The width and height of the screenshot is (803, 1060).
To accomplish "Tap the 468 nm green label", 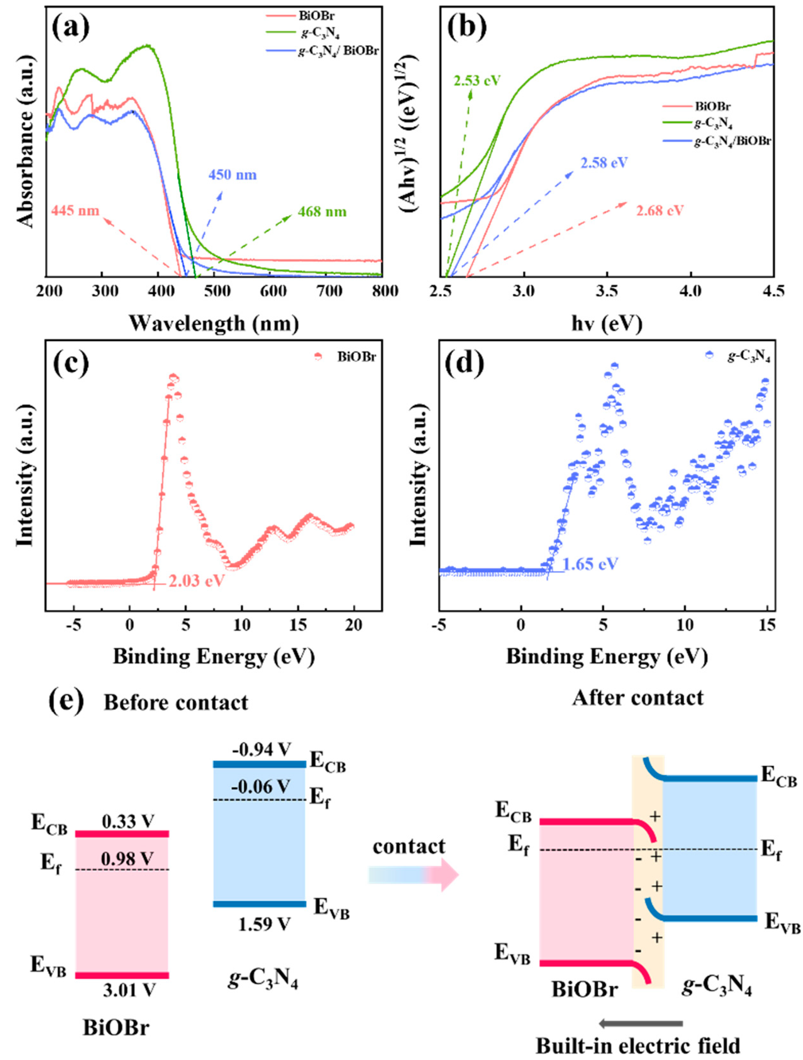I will [322, 211].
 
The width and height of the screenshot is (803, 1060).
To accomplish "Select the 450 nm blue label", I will [232, 174].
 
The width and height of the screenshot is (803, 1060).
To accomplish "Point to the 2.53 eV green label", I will [477, 80].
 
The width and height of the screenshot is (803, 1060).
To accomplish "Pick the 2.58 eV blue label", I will [604, 163].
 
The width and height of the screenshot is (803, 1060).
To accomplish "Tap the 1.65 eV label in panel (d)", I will [590, 563].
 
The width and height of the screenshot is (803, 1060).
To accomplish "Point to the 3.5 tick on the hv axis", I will [608, 291].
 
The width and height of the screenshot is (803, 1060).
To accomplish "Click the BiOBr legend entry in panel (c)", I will [355, 356].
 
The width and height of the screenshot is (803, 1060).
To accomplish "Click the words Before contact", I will [176, 702].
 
